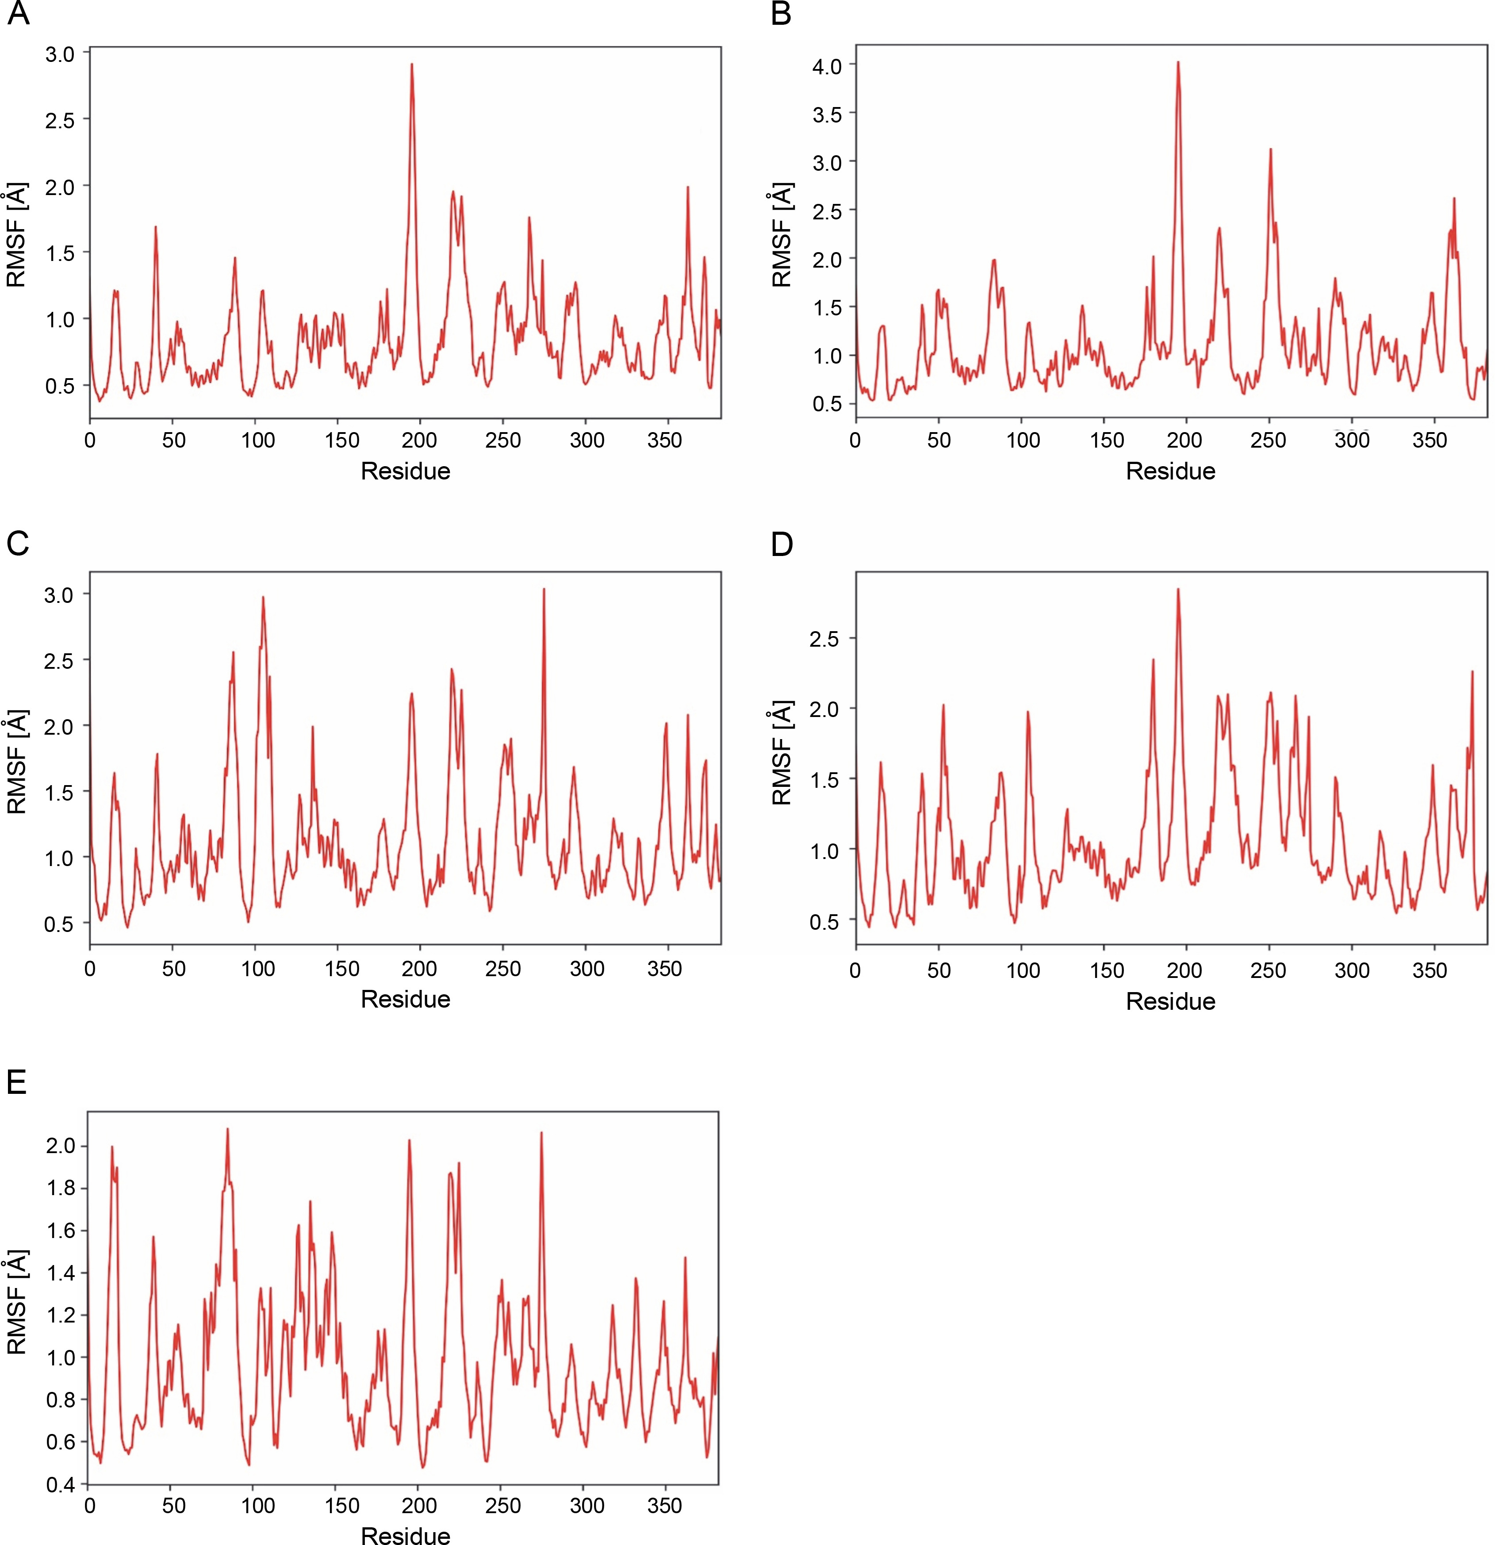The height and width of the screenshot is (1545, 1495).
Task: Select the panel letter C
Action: pos(17,543)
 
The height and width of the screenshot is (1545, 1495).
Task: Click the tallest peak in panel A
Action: pos(411,65)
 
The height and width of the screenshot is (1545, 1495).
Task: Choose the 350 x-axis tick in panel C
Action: pos(664,969)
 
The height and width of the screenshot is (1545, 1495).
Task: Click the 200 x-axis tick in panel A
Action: pos(419,440)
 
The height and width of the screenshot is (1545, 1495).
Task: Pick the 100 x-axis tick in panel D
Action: pos(1023,970)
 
